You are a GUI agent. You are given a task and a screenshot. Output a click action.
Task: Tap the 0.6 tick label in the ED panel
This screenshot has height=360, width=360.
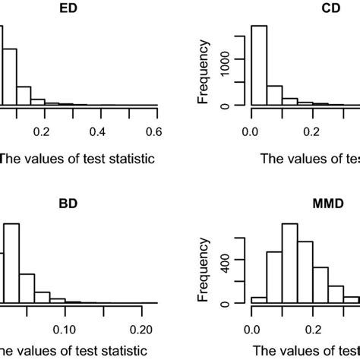coord(156,131)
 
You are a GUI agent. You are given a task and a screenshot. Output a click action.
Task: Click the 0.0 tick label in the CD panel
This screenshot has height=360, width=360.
coord(251,131)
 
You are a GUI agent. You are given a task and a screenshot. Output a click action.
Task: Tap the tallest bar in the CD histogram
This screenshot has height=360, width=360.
coord(259,66)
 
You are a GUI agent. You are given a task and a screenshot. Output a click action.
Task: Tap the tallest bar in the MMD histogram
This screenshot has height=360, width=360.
coord(289,264)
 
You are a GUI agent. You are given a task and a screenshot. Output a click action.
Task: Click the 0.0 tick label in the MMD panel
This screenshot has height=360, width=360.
coord(251,329)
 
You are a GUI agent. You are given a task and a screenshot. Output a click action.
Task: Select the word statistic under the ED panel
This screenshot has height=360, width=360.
coord(126,159)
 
